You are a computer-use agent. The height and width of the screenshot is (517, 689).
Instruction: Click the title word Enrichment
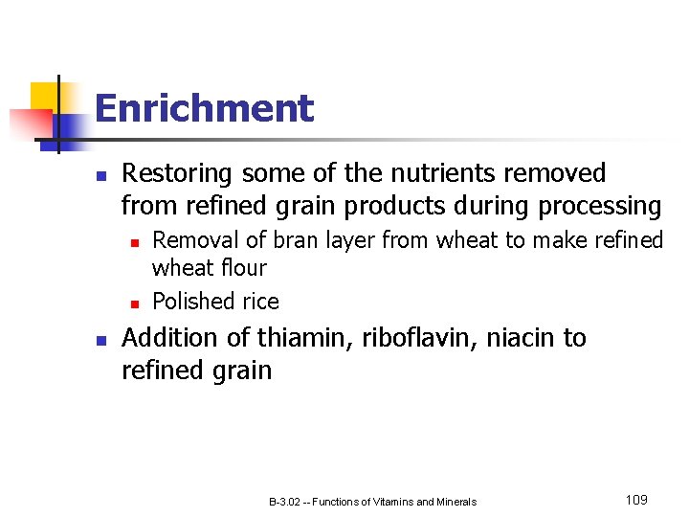(x=204, y=108)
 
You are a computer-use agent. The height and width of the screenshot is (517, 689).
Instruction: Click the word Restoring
(x=177, y=173)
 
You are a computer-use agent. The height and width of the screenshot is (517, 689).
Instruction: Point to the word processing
(x=600, y=207)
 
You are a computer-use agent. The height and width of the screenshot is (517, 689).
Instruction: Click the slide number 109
(x=636, y=500)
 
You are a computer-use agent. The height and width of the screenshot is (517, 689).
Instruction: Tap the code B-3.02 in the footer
(x=285, y=502)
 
